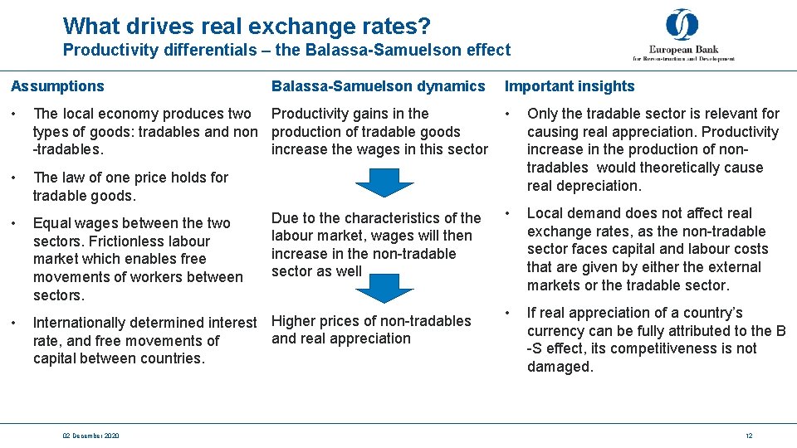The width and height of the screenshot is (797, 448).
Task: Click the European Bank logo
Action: click(682, 35)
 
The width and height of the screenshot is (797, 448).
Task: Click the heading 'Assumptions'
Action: click(57, 86)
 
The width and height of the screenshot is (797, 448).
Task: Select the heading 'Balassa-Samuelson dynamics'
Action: click(378, 86)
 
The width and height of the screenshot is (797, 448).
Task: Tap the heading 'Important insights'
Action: click(570, 86)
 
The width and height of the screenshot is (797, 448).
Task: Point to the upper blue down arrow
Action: click(378, 182)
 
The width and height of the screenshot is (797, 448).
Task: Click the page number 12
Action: click(748, 436)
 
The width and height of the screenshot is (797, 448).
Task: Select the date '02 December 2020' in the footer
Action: click(90, 436)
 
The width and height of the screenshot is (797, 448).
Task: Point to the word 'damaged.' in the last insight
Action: click(560, 367)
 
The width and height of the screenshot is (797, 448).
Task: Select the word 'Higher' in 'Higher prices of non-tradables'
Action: click(295, 321)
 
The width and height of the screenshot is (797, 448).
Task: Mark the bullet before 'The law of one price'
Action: click(14, 178)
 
